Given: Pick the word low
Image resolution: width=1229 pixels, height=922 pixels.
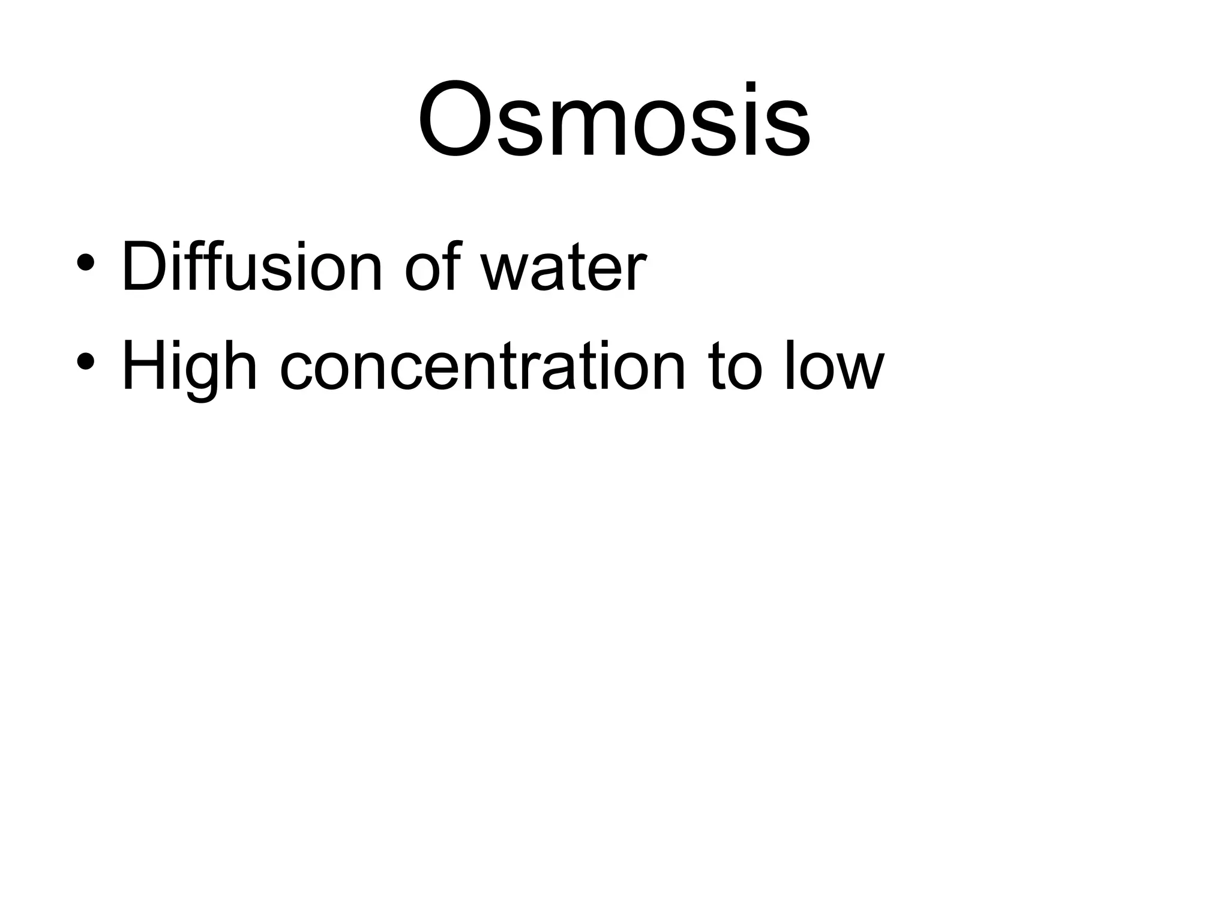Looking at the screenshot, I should [x=834, y=366].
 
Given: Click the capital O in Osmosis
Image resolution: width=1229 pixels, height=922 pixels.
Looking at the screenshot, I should [x=459, y=120].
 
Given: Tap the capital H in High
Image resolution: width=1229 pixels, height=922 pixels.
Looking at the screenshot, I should [x=144, y=366].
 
